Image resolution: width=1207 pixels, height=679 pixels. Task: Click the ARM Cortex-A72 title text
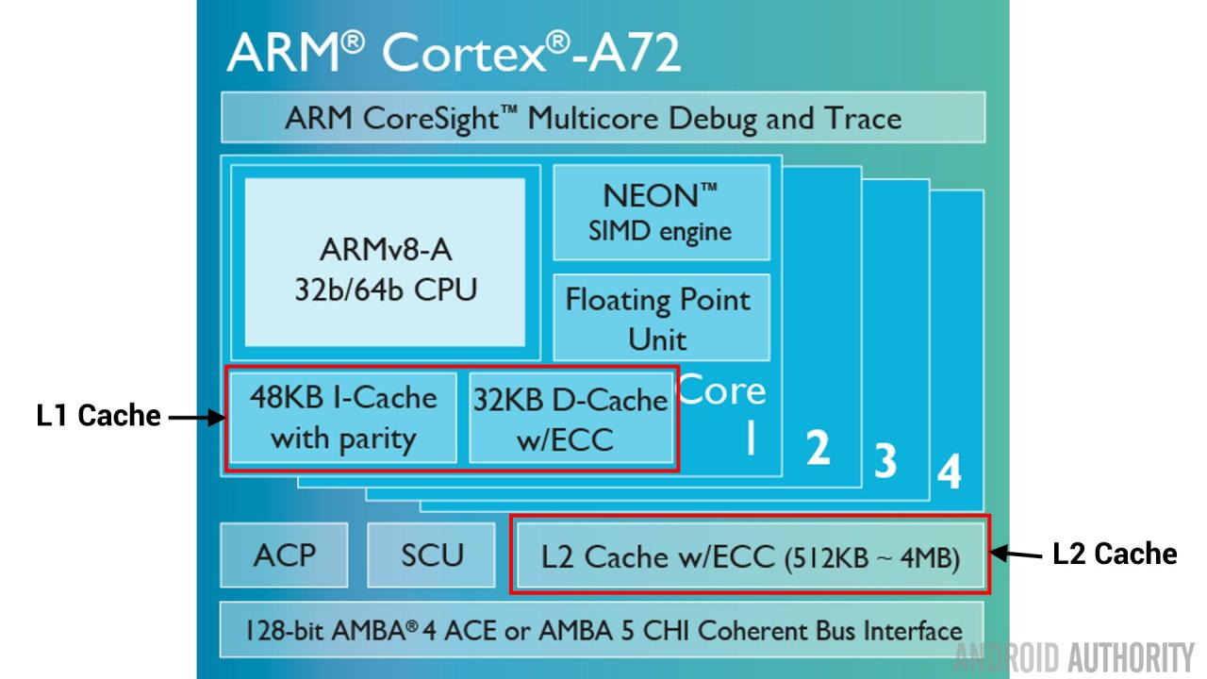453,52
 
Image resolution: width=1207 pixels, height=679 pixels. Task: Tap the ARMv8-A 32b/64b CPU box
385,263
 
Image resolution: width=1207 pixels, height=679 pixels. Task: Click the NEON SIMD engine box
660,212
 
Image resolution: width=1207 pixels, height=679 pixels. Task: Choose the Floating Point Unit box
660,318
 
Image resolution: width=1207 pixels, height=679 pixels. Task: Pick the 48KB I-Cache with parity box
343,417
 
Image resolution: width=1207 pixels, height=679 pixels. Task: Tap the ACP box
284,555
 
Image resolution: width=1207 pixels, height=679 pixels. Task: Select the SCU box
432,555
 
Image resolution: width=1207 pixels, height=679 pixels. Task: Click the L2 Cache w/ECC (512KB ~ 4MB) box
751,556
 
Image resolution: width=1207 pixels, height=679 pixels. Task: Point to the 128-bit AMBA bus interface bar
603,631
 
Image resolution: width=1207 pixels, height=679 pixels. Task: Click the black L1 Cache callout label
99,416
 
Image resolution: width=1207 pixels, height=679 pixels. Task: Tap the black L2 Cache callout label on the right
1115,554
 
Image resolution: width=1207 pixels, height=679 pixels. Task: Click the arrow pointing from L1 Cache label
197,417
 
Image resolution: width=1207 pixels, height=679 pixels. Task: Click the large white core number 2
818,446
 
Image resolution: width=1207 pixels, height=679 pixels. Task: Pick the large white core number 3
885,459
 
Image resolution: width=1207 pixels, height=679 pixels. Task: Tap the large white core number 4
949,472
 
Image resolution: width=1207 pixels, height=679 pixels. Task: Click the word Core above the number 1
722,391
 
